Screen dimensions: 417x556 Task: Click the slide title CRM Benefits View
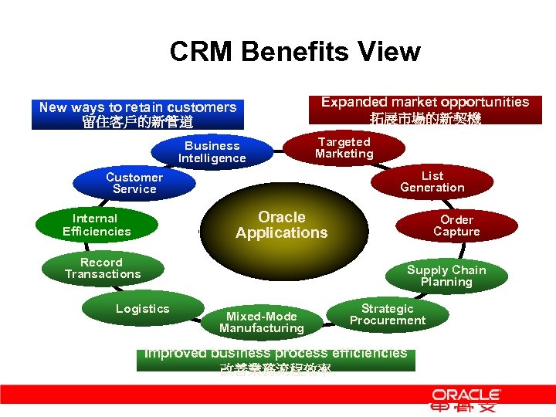pyautogui.click(x=295, y=52)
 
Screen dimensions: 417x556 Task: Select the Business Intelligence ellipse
pyautogui.click(x=212, y=152)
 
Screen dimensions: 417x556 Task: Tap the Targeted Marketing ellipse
pyautogui.click(x=344, y=147)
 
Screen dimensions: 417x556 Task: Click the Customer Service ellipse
pyautogui.click(x=134, y=183)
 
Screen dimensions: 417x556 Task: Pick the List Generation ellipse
pyautogui.click(x=432, y=181)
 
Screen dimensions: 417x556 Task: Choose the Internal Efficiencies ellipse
pyautogui.click(x=97, y=225)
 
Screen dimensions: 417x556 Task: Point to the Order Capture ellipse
pyautogui.click(x=456, y=225)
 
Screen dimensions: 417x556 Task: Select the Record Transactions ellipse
pyautogui.click(x=103, y=268)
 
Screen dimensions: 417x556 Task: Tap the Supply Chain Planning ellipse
pyautogui.click(x=446, y=276)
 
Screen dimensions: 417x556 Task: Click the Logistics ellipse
pyautogui.click(x=142, y=309)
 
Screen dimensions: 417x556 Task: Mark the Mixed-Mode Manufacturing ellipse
pyautogui.click(x=262, y=322)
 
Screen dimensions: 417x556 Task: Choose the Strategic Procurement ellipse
pyautogui.click(x=388, y=314)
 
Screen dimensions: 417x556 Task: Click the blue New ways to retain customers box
pyautogui.click(x=137, y=114)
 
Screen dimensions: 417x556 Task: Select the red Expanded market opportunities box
pyautogui.click(x=425, y=110)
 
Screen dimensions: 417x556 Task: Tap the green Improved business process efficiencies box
pyautogui.click(x=276, y=360)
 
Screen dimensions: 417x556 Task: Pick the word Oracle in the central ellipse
pyautogui.click(x=282, y=217)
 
